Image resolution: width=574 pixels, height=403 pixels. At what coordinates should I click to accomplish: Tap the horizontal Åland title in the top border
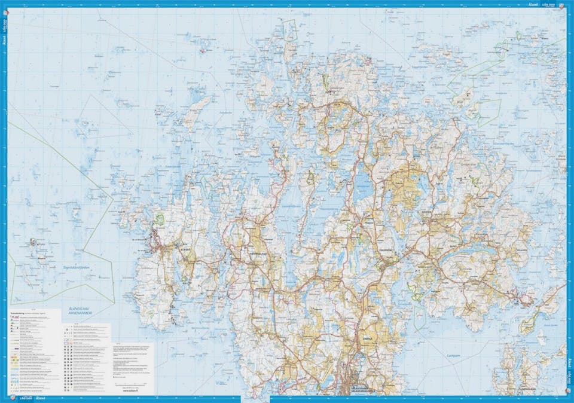click(x=533, y=4)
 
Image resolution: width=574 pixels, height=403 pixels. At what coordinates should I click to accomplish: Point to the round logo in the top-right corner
click(x=567, y=5)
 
